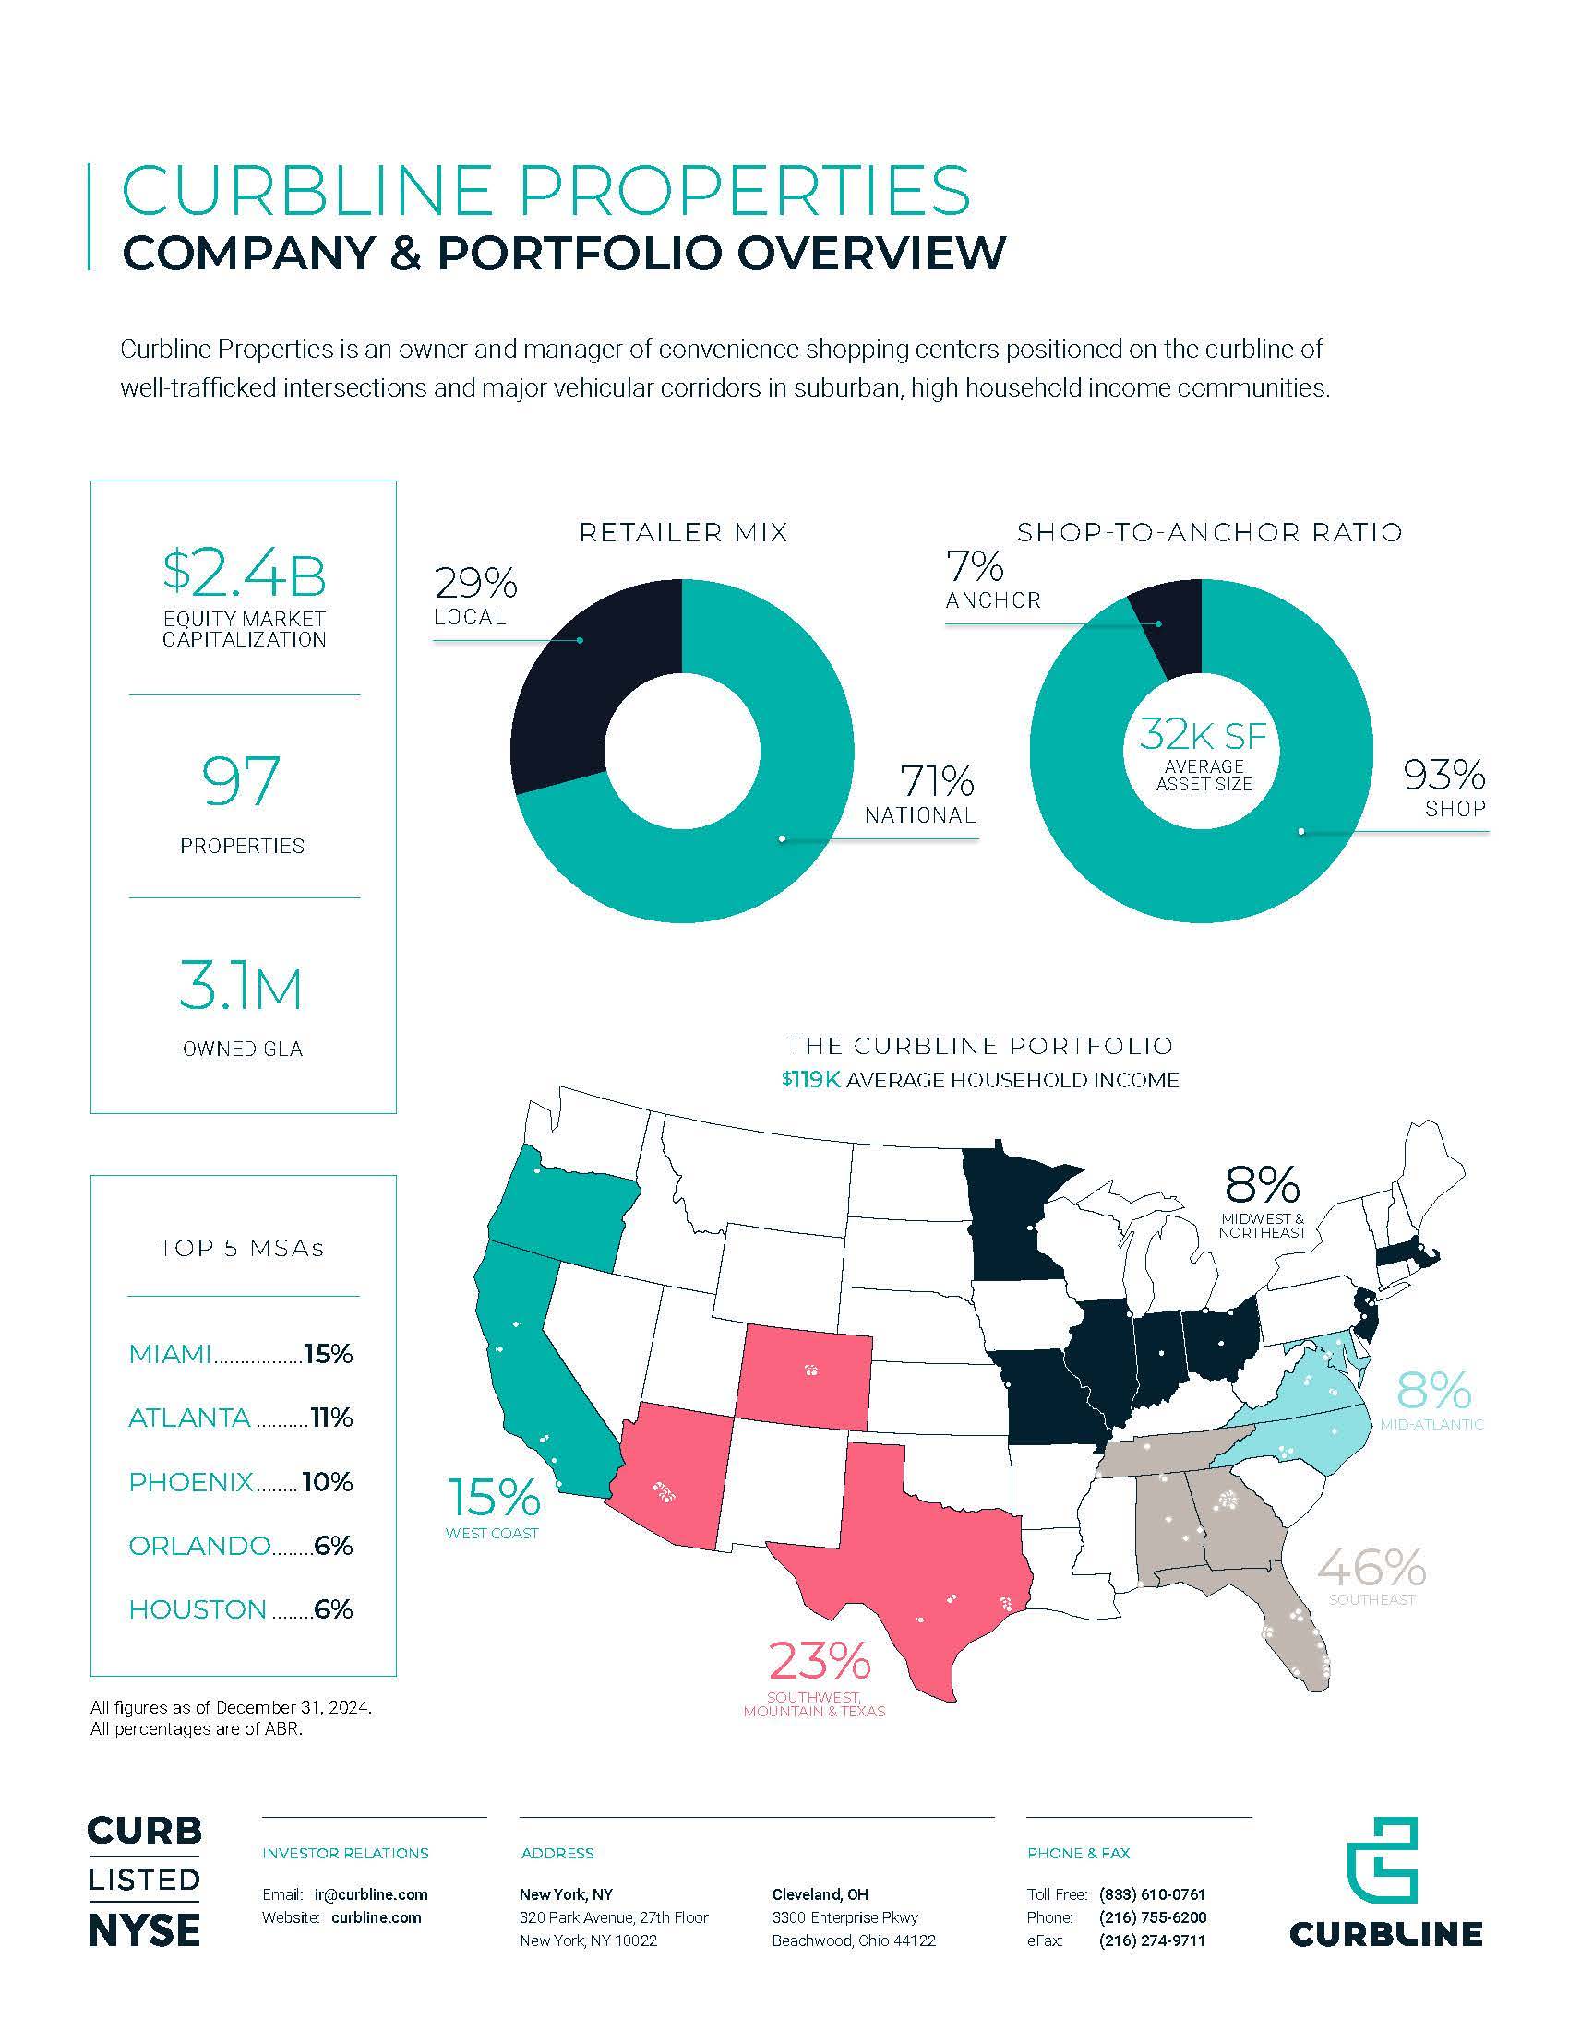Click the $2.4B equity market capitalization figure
(x=244, y=575)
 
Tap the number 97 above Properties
(x=242, y=780)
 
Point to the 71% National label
(x=920, y=794)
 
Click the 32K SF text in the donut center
(x=1203, y=735)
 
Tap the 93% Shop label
(x=1443, y=788)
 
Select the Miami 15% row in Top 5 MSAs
(x=241, y=1354)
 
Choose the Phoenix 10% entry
(x=241, y=1481)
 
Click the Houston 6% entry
(x=241, y=1608)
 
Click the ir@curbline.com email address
(x=371, y=1894)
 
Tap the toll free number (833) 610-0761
(x=1152, y=1894)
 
